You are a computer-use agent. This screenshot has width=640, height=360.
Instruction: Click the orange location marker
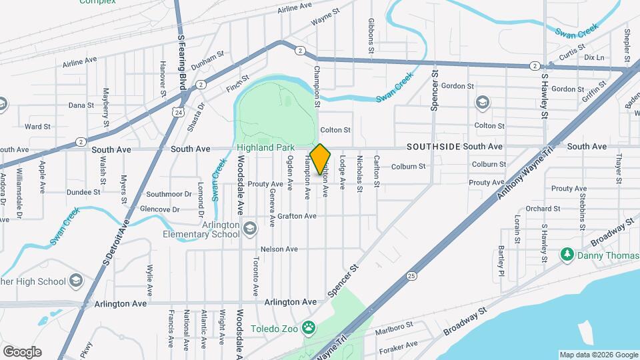321,159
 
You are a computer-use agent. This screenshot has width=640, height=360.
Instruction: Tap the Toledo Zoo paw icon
308,327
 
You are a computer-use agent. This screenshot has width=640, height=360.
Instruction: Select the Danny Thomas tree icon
567,254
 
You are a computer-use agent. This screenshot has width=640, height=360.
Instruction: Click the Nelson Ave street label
278,249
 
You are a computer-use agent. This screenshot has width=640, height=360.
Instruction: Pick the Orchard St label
538,209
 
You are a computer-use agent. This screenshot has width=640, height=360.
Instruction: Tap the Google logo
22,351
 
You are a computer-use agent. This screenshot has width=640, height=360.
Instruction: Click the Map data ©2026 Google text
598,355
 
